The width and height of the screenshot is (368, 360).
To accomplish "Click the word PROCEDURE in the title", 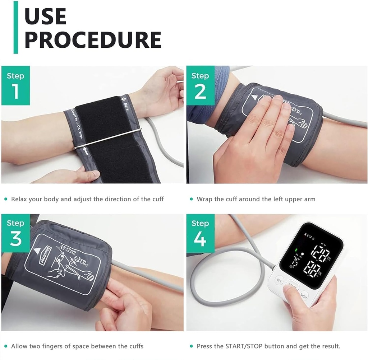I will [93, 39].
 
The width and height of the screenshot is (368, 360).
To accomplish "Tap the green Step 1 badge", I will [15, 85].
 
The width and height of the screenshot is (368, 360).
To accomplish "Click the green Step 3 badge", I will [15, 233].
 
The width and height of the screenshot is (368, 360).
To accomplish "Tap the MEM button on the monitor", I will [304, 296].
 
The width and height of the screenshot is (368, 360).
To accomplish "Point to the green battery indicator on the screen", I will [296, 251].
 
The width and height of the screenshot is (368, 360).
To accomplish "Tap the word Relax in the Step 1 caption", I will [19, 199].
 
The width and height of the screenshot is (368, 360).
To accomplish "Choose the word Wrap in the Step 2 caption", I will [204, 199].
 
